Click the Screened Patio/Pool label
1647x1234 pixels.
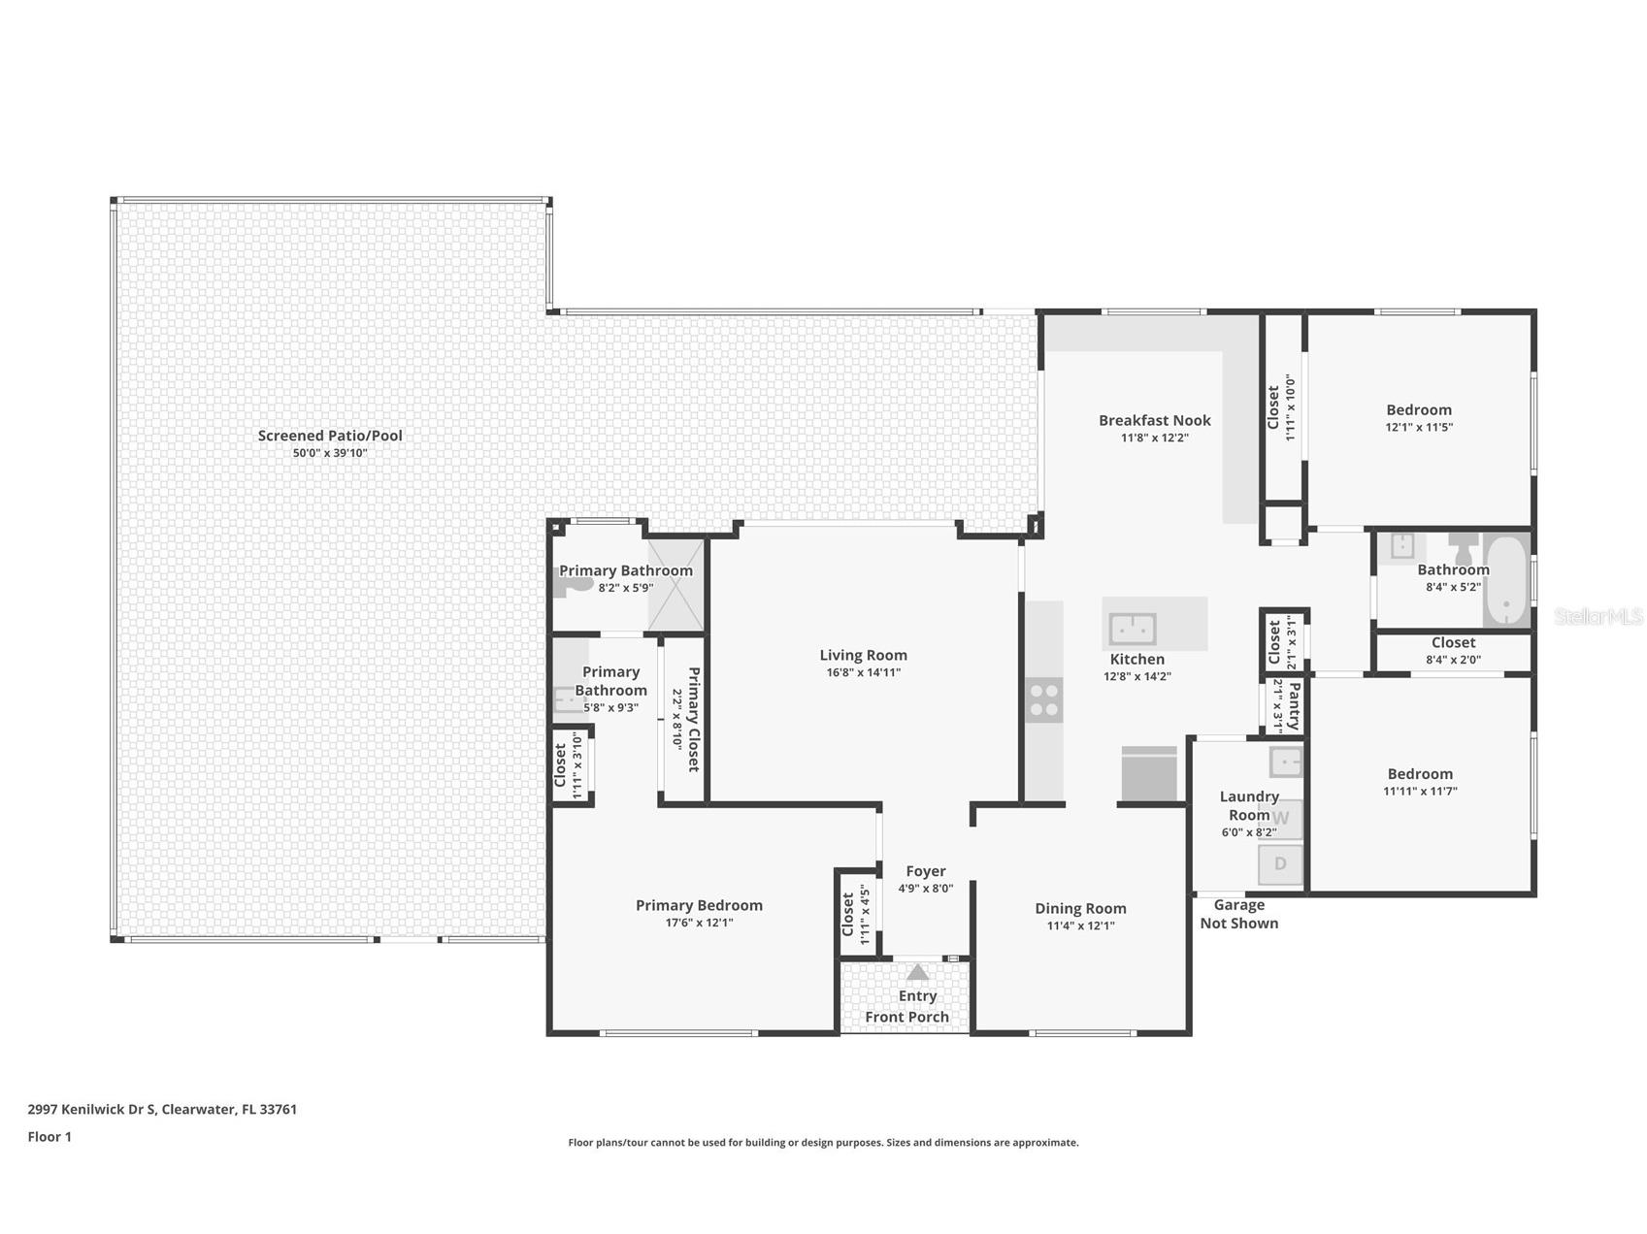pos(330,436)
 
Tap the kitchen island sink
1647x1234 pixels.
pos(1132,629)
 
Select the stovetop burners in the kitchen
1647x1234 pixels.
pos(1044,699)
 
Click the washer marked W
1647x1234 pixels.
pos(1280,818)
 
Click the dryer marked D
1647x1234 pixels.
pos(1280,863)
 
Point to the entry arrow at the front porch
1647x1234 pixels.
pos(917,972)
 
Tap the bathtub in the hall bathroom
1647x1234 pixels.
pos(1506,580)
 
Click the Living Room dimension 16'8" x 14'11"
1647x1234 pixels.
pos(862,672)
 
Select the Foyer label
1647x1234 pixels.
pos(925,871)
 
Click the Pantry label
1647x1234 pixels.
pos(1293,705)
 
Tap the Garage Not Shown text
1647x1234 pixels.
pos(1238,914)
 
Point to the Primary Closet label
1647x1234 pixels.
pos(693,718)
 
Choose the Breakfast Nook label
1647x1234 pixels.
pos(1154,420)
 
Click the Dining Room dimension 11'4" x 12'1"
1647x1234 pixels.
pos(1080,925)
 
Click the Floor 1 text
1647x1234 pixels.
pos(49,1137)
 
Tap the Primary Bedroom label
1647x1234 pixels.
pos(699,905)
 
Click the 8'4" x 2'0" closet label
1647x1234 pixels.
pos(1453,660)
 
